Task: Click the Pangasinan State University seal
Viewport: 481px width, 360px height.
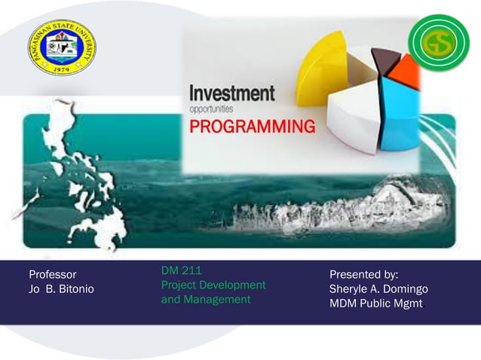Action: click(x=62, y=47)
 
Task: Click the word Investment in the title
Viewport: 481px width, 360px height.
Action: click(x=231, y=94)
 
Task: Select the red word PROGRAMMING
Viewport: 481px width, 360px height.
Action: click(x=252, y=127)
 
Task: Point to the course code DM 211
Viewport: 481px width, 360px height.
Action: click(x=181, y=270)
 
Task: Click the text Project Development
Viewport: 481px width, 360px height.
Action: click(x=213, y=285)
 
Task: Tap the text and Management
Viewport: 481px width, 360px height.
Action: click(x=205, y=299)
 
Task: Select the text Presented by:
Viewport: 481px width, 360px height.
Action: click(x=363, y=275)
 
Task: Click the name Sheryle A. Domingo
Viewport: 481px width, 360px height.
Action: click(x=378, y=289)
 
